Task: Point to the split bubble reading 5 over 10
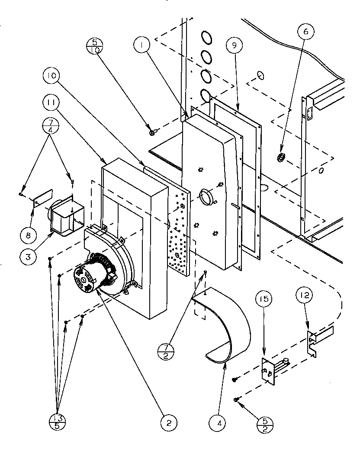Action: click(x=95, y=46)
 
